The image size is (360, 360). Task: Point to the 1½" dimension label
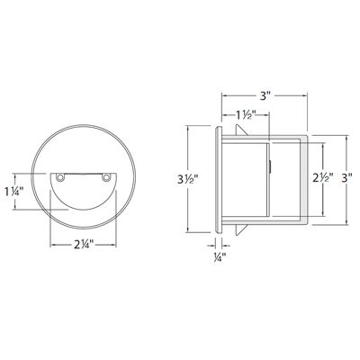(244, 114)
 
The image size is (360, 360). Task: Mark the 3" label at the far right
(347, 179)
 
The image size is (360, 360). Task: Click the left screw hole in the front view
(59, 178)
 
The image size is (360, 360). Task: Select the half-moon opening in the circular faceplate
(82, 189)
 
